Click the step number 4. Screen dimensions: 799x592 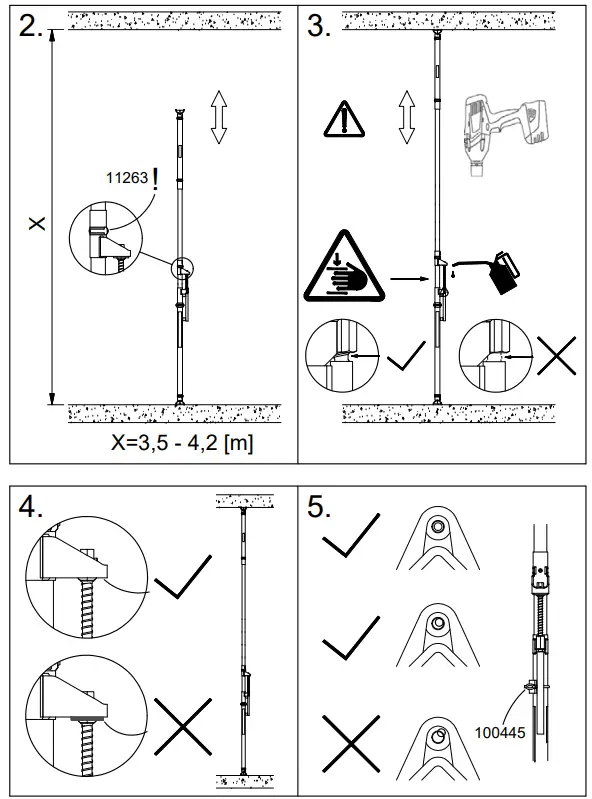tap(31, 507)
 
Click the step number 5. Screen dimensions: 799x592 tap(319, 507)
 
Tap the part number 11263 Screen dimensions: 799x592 tap(125, 179)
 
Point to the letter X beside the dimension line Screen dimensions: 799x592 tap(37, 222)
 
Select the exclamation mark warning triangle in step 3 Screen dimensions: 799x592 tap(343, 119)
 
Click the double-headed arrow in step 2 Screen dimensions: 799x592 tap(218, 117)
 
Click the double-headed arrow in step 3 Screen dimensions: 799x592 tap(405, 117)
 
